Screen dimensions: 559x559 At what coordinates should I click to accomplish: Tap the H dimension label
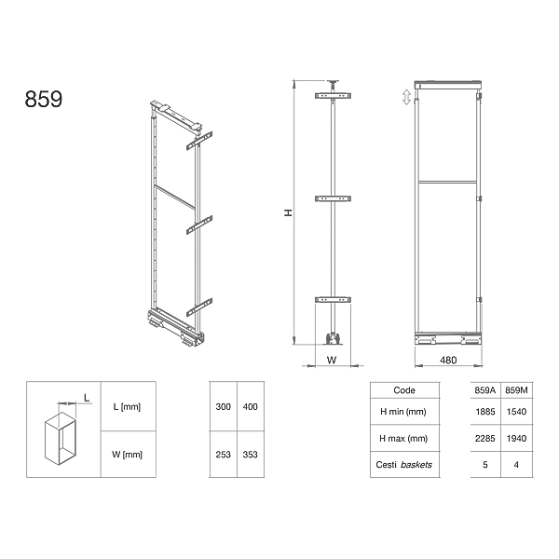pos(289,213)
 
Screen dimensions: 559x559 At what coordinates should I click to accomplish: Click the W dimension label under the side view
pos(332,358)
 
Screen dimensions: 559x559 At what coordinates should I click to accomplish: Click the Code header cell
pos(405,390)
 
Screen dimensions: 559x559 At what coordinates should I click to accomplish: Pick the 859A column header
pos(485,390)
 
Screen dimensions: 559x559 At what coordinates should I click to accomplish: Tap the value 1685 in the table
pos(485,411)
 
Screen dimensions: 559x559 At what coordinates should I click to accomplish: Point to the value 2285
pos(485,437)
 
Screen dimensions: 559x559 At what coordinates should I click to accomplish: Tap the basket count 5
pos(485,463)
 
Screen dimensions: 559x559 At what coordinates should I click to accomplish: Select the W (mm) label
pos(126,456)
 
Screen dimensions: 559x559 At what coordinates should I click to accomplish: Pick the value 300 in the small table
pos(223,408)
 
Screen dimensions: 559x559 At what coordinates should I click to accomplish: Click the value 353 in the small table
pos(251,456)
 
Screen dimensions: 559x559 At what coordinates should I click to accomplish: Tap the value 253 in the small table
pos(223,456)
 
